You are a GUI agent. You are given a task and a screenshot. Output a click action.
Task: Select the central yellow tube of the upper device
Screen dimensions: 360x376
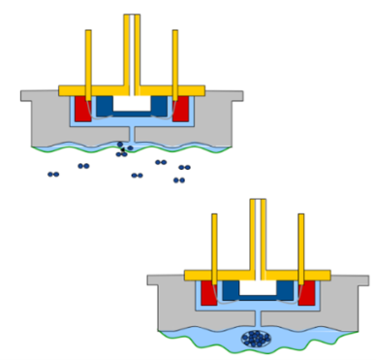pyautogui.click(x=132, y=49)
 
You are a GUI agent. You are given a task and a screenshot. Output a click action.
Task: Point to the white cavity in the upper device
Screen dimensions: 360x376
pyautogui.click(x=132, y=103)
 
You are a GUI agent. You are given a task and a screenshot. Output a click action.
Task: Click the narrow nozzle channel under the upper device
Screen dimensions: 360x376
pyautogui.click(x=132, y=134)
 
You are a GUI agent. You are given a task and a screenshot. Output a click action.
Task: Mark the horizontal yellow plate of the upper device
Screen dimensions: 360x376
pyautogui.click(x=132, y=90)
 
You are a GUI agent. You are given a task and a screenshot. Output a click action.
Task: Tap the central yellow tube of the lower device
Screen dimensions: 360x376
pyautogui.click(x=258, y=233)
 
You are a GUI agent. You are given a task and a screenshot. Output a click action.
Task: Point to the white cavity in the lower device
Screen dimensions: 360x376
pyautogui.click(x=258, y=287)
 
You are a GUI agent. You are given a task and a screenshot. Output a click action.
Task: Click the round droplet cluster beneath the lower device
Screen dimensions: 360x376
pyautogui.click(x=256, y=338)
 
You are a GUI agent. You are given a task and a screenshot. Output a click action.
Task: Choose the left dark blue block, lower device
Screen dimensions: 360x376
pyautogui.click(x=231, y=289)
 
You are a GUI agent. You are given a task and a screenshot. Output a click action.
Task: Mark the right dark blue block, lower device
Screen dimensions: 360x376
pyautogui.click(x=286, y=289)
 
